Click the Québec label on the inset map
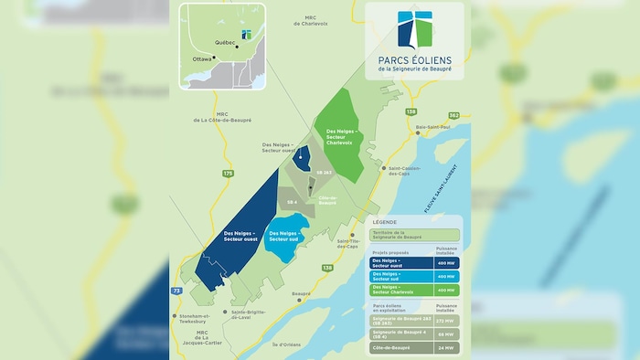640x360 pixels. [224, 42]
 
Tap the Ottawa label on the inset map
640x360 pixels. [202, 58]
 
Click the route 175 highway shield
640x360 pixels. [228, 173]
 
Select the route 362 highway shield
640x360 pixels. [453, 116]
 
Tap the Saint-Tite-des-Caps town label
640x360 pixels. [352, 244]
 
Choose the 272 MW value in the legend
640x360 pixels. [445, 322]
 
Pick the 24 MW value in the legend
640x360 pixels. [445, 348]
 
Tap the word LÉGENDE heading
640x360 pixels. [384, 222]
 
